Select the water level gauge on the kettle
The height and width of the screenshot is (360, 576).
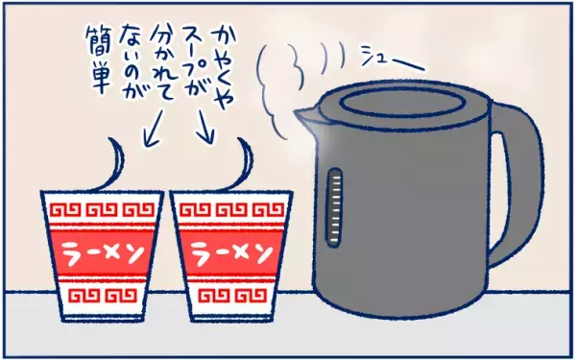[x=334, y=207]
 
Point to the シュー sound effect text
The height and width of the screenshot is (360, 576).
[x=393, y=60]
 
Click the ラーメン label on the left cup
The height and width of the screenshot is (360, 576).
[x=102, y=253]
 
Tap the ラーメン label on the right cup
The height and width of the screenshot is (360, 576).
[x=232, y=253]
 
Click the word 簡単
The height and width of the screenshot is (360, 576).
[x=99, y=61]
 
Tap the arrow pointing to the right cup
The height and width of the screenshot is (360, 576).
[x=206, y=127]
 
